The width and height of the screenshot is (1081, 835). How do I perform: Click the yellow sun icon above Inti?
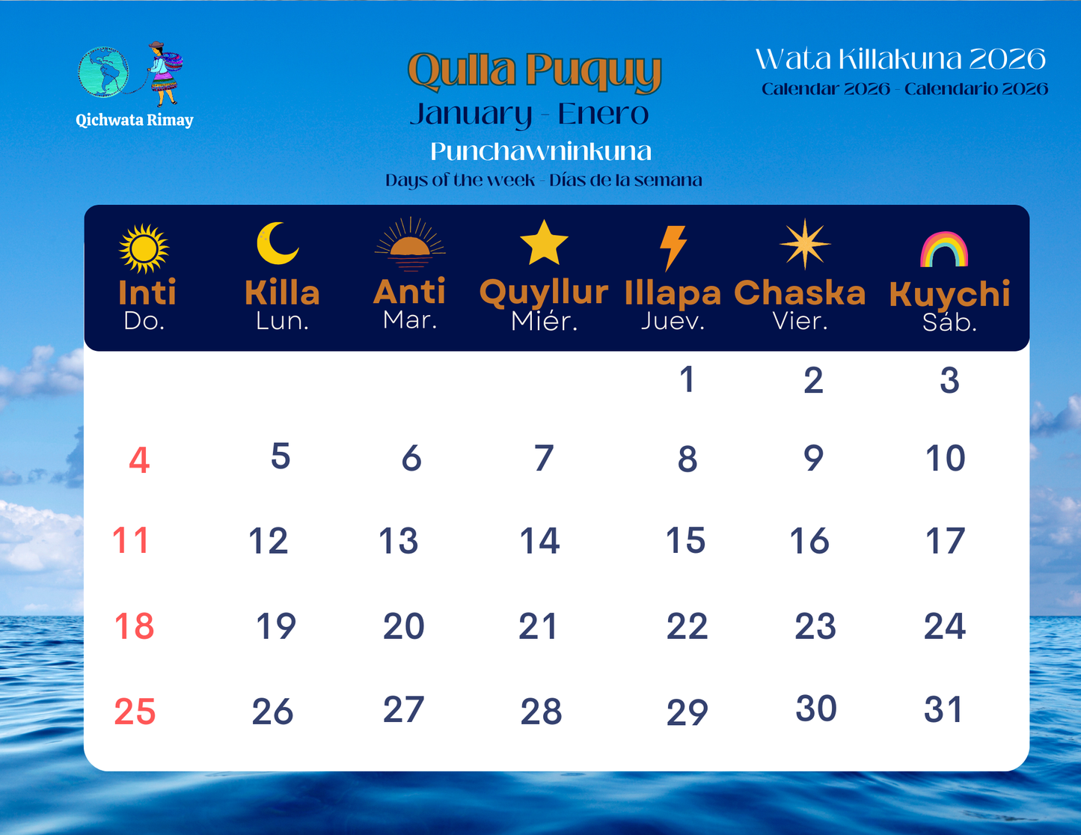144,248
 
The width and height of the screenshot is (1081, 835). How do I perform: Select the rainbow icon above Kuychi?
944,251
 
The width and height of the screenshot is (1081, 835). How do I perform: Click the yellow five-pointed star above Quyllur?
544,244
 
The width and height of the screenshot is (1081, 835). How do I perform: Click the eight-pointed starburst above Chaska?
804,244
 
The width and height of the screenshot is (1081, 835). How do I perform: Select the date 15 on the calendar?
685,540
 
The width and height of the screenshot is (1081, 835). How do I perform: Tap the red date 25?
135,712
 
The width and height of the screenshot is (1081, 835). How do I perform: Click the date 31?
943,709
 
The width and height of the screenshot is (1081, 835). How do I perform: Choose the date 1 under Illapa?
688,379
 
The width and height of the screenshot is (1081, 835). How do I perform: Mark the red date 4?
139,460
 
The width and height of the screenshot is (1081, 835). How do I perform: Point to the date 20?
403,626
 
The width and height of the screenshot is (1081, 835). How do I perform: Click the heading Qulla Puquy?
534,71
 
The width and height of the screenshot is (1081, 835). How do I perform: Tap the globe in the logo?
103,72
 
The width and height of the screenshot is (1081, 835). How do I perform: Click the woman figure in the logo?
163,73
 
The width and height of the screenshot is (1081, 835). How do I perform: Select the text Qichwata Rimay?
135,120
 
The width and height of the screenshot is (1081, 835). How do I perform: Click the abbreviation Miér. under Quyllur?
544,322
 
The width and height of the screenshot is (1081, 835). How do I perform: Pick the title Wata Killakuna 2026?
900,59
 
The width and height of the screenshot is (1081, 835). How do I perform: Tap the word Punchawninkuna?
540,152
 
